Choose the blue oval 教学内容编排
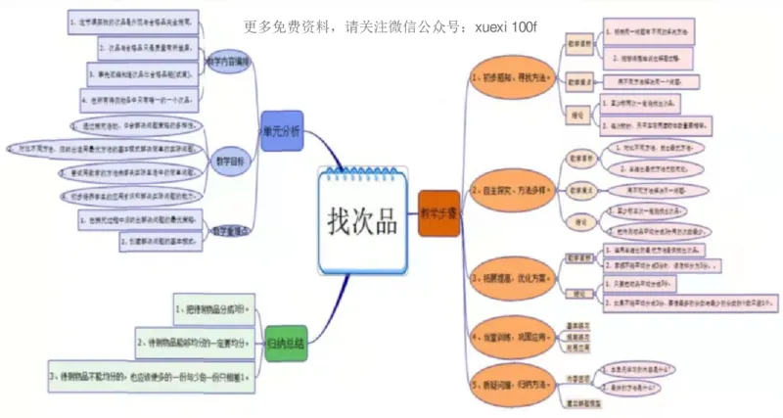coord(229,61)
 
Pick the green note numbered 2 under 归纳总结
coord(195,341)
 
